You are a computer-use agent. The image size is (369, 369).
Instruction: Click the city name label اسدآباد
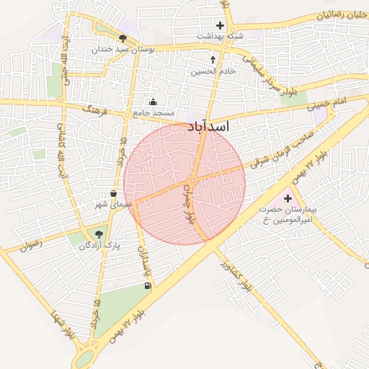[x=208, y=127]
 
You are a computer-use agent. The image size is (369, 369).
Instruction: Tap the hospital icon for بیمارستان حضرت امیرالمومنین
[x=289, y=197]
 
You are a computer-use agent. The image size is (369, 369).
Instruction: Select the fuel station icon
[x=148, y=286]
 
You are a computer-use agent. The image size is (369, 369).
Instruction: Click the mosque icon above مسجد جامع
[x=151, y=102]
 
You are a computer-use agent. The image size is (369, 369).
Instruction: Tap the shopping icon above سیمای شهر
[x=114, y=193]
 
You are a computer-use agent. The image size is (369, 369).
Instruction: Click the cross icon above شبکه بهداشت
[x=220, y=26]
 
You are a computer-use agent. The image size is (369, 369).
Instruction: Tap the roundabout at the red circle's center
[x=192, y=180]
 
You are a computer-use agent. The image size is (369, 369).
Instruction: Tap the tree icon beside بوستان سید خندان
[x=123, y=38]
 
